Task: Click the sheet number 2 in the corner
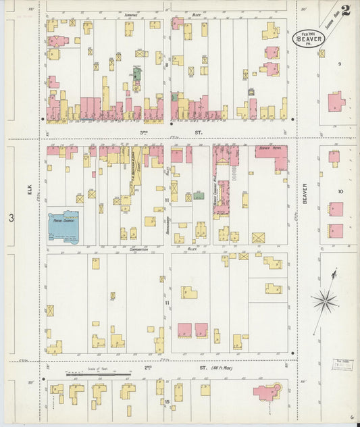(x=346, y=10)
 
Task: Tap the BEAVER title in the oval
(x=307, y=39)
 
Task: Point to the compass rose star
(x=325, y=301)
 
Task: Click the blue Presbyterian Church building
(x=63, y=226)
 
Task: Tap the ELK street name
(x=30, y=191)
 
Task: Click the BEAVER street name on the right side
(x=305, y=193)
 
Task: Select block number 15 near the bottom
(x=167, y=402)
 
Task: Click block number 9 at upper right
(x=340, y=64)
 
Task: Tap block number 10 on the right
(x=340, y=191)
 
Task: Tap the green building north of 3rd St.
(x=137, y=74)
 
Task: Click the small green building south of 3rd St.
(x=199, y=195)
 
